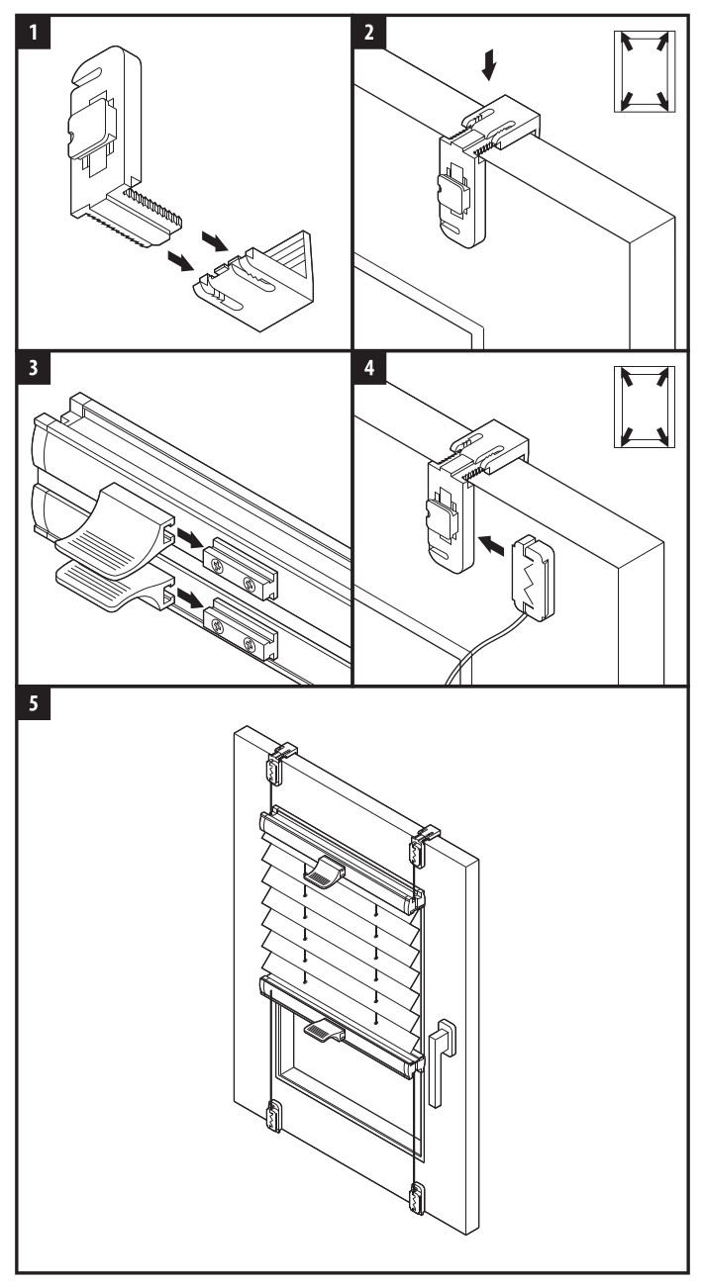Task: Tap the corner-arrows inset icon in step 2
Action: [x=644, y=70]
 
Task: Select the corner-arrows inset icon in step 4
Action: [x=644, y=407]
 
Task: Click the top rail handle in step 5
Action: [x=323, y=872]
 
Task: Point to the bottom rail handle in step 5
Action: [x=323, y=1032]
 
